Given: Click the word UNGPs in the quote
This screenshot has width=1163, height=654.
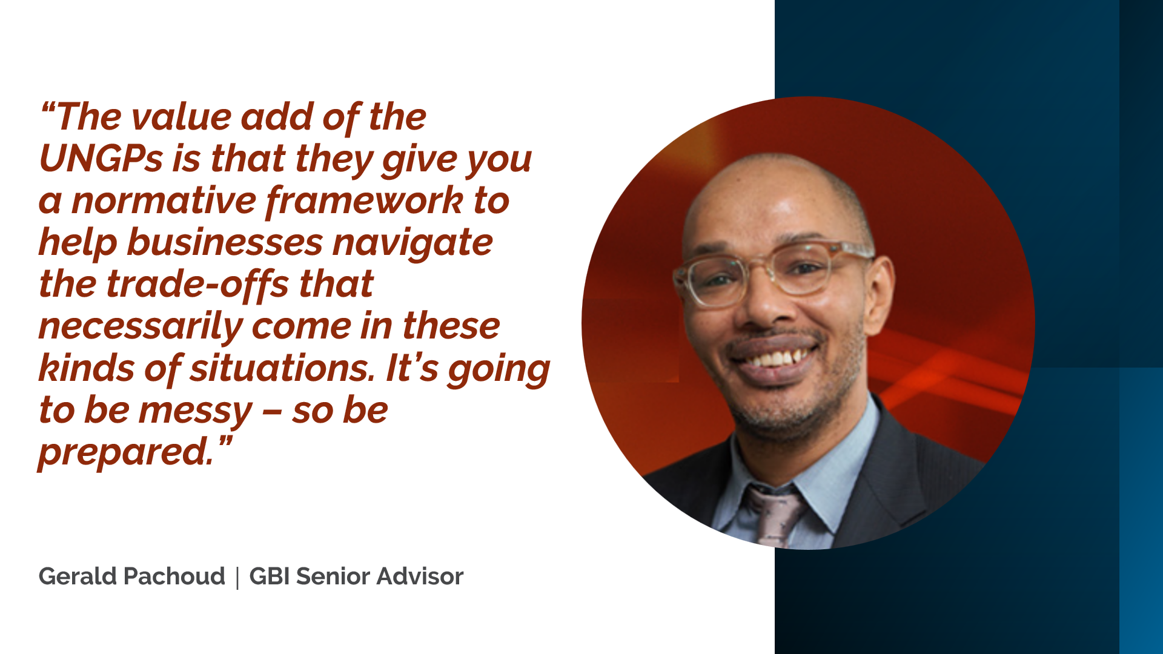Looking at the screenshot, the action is [101, 159].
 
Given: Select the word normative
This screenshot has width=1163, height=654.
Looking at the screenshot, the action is [164, 200].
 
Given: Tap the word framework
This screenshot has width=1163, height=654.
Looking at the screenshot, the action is [365, 202].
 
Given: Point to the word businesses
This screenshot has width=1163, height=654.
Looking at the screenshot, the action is [225, 243].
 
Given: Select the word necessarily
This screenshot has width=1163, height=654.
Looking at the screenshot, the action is [141, 328].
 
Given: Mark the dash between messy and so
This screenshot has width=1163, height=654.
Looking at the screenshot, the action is [272, 412].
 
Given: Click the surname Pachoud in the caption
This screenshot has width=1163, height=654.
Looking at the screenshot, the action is [174, 576].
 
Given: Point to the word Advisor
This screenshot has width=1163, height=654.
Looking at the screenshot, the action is [420, 576].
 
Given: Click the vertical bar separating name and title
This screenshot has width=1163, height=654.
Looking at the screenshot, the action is [237, 577].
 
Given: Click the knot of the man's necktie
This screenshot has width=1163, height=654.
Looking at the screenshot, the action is [778, 503].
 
